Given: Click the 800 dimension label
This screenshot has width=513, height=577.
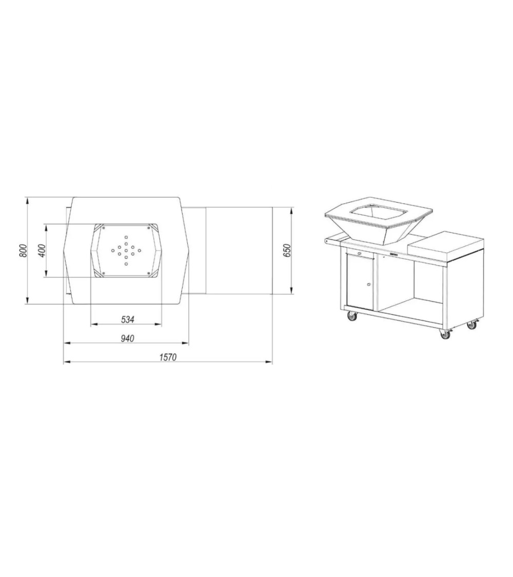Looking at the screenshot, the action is pyautogui.click(x=23, y=251).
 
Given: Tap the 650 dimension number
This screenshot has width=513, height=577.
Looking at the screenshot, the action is pyautogui.click(x=287, y=251).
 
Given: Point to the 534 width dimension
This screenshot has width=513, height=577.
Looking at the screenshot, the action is pyautogui.click(x=127, y=320).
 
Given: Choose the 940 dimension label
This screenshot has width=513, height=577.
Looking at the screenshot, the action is pyautogui.click(x=127, y=338).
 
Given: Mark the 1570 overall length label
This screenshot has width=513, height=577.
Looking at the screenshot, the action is pyautogui.click(x=168, y=357).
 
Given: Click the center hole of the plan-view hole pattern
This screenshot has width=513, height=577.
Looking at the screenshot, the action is pyautogui.click(x=126, y=251).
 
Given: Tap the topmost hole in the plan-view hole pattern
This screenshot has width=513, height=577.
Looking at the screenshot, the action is pyautogui.click(x=126, y=237).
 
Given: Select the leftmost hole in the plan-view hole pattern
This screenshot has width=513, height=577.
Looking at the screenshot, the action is pyautogui.click(x=113, y=251).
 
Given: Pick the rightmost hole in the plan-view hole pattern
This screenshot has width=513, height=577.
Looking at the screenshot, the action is pyautogui.click(x=140, y=251).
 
